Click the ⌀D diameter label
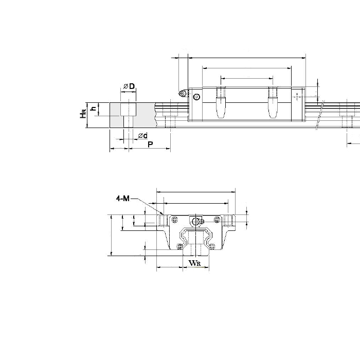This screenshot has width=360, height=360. tap(129, 86)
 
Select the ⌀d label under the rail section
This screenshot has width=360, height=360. tap(142, 135)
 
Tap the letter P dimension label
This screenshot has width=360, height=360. tap(150, 145)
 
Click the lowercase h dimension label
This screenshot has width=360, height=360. tap(93, 109)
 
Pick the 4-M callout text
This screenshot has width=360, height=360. tap(123, 197)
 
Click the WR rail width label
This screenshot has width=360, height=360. tap(194, 263)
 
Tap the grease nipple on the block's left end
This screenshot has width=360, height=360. tap(182, 93)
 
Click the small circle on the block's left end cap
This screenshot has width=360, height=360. tap(196, 97)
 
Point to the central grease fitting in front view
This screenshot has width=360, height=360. tap(195, 221)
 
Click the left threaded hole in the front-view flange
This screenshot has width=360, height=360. tap(163, 220)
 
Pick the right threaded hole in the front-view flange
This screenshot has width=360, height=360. tap(228, 220)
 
